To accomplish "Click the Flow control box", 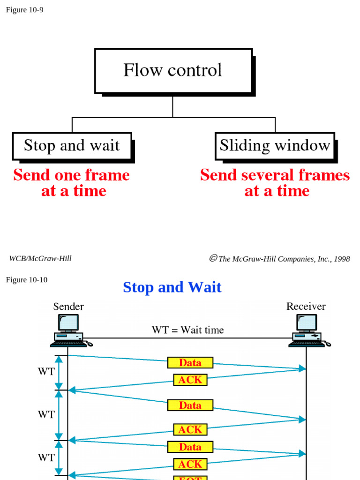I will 173,71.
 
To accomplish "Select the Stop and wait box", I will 72,146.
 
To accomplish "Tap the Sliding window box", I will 275,146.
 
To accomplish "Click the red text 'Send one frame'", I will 71,175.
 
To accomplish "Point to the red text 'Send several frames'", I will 275,175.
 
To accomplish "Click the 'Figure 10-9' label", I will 24,10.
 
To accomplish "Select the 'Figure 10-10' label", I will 27,280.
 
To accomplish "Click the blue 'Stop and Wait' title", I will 172,287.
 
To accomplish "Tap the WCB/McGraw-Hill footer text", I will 40,258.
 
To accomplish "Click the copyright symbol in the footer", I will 213,258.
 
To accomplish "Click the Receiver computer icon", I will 308,330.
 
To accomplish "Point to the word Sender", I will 68,307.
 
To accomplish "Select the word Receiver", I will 306,307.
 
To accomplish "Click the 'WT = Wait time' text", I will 187,330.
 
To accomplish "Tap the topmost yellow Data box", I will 190,363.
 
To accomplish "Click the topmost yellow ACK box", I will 190,380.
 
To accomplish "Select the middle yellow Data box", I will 190,405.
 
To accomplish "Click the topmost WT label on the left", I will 46,372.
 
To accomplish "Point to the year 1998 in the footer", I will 341,259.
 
